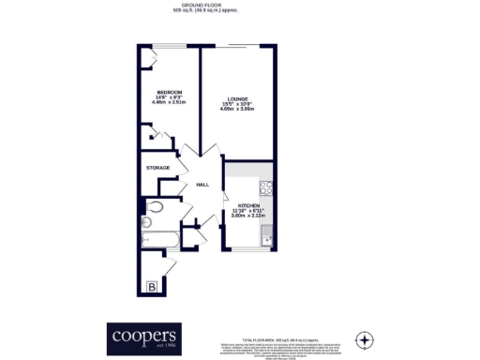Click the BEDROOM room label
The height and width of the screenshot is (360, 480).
coord(169,92)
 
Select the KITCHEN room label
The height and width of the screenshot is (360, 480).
coord(248,205)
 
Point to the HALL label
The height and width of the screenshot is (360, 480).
coord(201,185)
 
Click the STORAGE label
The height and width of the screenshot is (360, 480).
coord(157,168)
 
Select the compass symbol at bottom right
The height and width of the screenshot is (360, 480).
coord(365,337)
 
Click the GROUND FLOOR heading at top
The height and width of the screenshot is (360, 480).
coord(238,5)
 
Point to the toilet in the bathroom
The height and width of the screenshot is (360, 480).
coord(156,206)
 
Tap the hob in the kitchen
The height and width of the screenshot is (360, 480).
coord(265,187)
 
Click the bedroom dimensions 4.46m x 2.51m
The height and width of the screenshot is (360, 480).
coord(169,104)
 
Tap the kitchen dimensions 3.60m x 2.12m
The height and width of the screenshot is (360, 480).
coord(248,217)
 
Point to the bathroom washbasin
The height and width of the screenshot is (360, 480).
coord(147,222)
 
